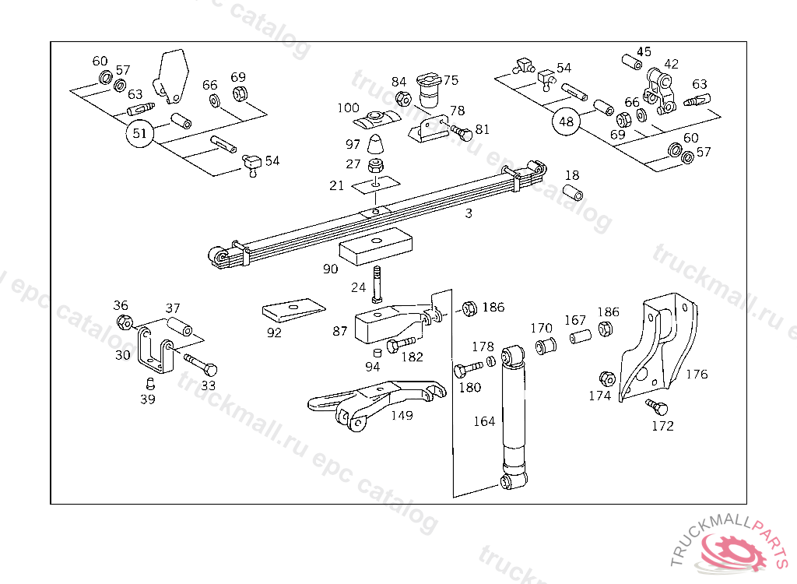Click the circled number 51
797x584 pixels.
coord(139,133)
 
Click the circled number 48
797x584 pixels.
coord(566,121)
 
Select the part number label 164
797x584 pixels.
coord(484,422)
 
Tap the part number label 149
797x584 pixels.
coord(402,416)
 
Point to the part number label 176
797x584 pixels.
coord(697,375)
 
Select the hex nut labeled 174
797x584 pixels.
coord(609,379)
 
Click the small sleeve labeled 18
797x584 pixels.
coord(573,192)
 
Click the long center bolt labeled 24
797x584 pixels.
coord(377,283)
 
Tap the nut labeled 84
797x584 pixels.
coord(403,99)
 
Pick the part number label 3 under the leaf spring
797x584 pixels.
coord(469,213)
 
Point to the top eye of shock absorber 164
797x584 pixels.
coord(512,357)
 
